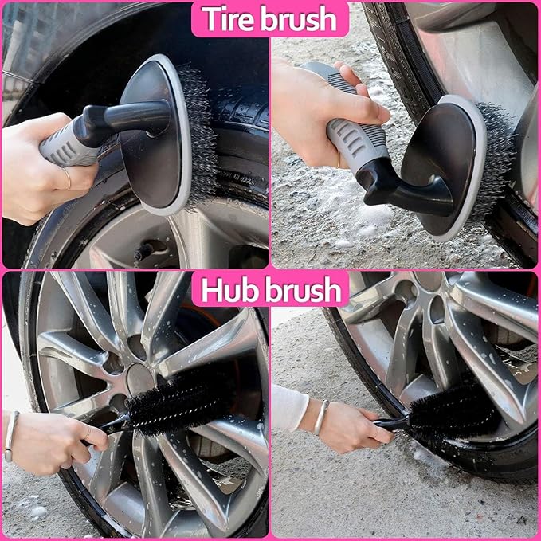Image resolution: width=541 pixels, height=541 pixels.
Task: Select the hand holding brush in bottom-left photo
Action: click(x=56, y=442)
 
